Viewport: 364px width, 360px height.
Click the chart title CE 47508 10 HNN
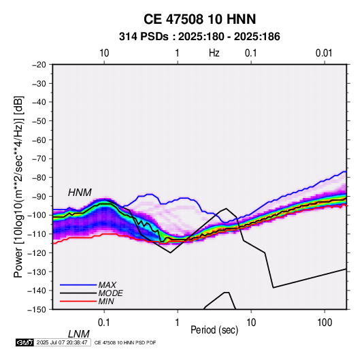tap(199, 19)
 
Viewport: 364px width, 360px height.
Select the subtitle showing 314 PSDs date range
tap(199, 37)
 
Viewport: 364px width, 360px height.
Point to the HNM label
tap(80, 193)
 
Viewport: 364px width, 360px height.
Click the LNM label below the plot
tap(78, 334)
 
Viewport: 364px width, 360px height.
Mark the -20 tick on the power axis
tap(39, 65)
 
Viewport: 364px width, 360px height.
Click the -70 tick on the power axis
tap(39, 159)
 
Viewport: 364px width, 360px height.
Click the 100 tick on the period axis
tap(325, 323)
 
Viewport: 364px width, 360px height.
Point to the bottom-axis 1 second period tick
tap(178, 323)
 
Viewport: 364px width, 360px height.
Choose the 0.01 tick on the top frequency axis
tap(324, 53)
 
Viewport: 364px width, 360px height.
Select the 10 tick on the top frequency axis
tap(104, 53)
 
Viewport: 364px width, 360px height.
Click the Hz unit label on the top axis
tap(214, 53)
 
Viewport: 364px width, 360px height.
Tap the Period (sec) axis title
tap(214, 330)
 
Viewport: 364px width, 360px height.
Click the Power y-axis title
tap(18, 186)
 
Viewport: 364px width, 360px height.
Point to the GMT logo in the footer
tap(25, 342)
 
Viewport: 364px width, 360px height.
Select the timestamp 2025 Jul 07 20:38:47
tap(62, 342)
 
